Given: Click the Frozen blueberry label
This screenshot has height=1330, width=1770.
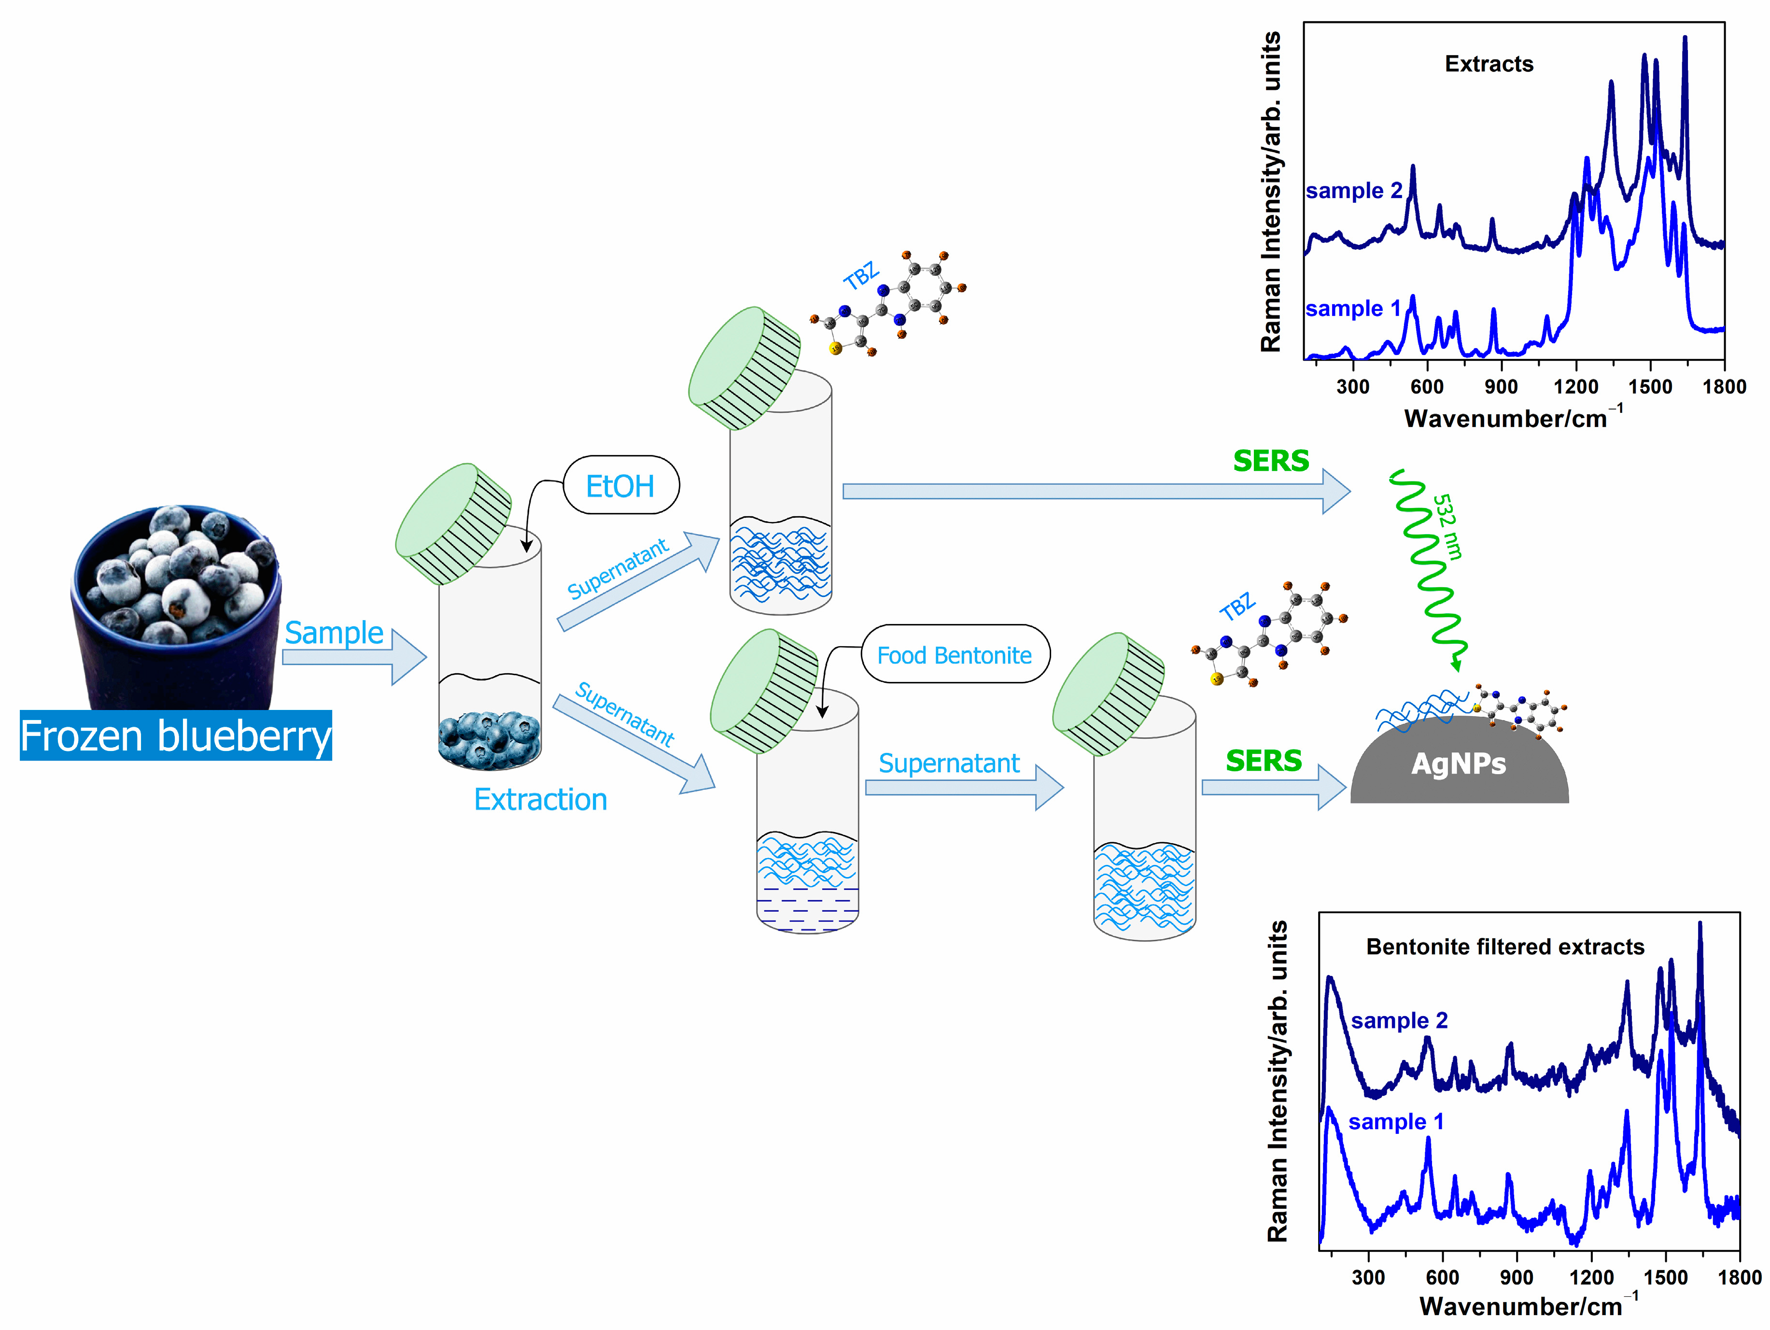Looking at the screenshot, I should (175, 736).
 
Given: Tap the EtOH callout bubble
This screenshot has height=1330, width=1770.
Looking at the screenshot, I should (621, 486).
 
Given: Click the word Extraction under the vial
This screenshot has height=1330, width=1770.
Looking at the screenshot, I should (540, 799).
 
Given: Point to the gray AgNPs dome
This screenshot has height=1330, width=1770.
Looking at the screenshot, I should (1458, 764).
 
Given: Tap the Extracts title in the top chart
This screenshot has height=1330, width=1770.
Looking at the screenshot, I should (1489, 64).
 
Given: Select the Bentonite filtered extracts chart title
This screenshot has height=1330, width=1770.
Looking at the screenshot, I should (1504, 947).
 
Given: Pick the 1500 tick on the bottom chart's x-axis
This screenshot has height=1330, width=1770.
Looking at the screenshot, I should (1665, 1277).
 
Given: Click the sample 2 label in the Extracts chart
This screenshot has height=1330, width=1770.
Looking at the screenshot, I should (1354, 190).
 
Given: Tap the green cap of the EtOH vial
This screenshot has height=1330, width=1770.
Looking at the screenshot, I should (453, 524).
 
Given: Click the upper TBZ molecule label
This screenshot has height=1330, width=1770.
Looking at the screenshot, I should (861, 276).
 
